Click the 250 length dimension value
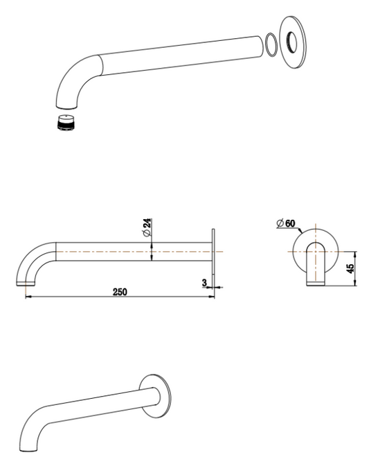[x=119, y=292]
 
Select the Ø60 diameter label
[x=285, y=223]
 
